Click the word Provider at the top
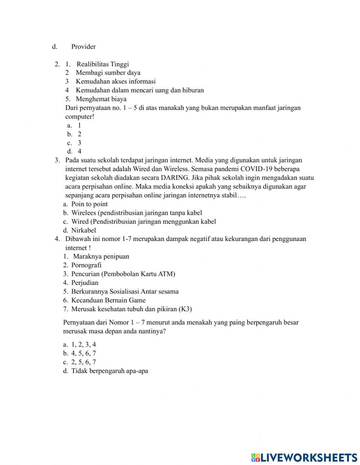(x=83, y=46)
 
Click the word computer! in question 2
(x=79, y=117)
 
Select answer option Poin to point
(x=89, y=204)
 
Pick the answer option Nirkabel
(x=84, y=231)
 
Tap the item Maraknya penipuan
(x=101, y=256)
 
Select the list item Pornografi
(x=86, y=265)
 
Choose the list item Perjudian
(x=85, y=283)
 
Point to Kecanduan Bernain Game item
(x=108, y=300)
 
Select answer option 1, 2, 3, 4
(x=84, y=345)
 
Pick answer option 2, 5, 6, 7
(x=84, y=362)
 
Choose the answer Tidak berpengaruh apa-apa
(x=109, y=371)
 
